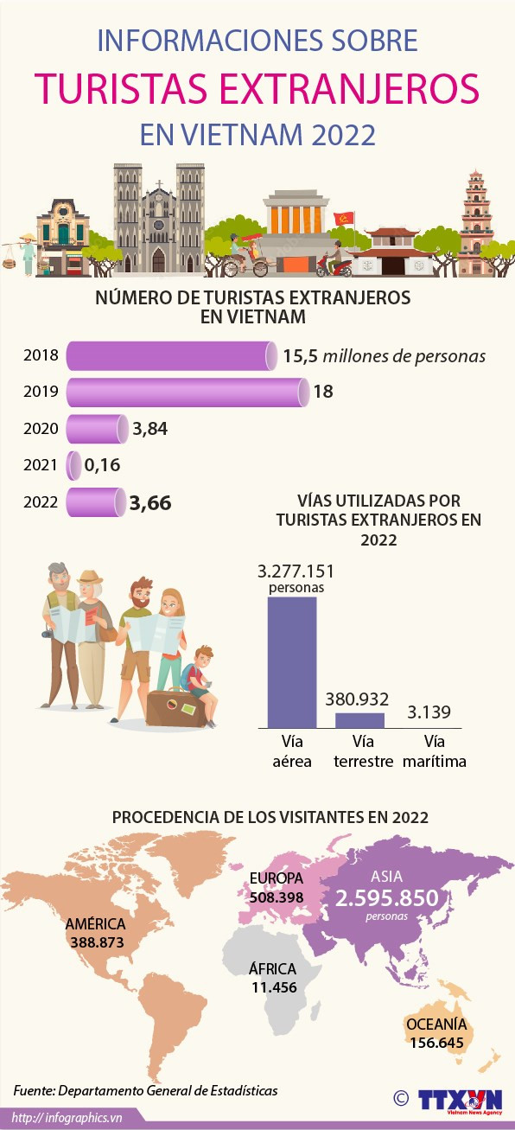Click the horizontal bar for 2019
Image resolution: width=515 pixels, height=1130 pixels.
pyautogui.click(x=186, y=393)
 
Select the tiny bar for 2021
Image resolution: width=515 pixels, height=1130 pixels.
pyautogui.click(x=74, y=465)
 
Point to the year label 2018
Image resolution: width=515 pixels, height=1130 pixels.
pyautogui.click(x=41, y=356)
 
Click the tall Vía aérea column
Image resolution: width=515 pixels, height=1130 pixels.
pyautogui.click(x=291, y=661)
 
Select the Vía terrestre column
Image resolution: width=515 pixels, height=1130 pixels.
pyautogui.click(x=359, y=720)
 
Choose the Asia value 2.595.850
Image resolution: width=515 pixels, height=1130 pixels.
pyautogui.click(x=387, y=898)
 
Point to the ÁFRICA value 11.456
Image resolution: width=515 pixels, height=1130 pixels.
pyautogui.click(x=273, y=986)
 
